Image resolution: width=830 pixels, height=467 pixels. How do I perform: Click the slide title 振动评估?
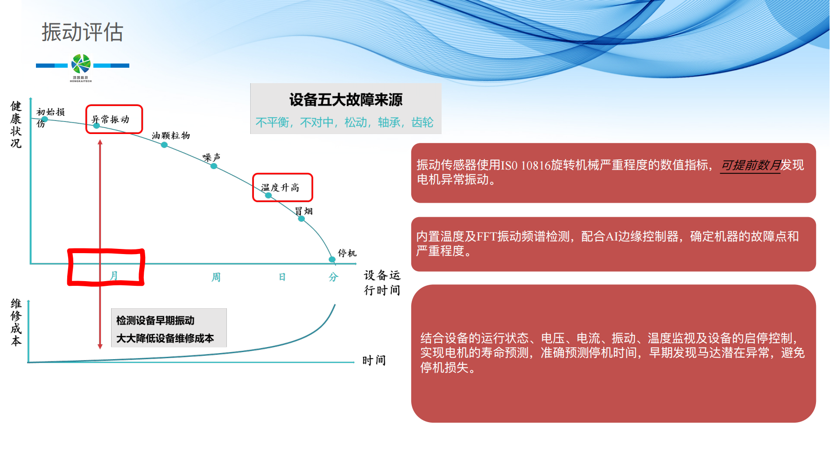pyautogui.click(x=82, y=32)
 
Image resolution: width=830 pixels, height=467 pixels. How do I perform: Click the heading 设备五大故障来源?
pyautogui.click(x=345, y=99)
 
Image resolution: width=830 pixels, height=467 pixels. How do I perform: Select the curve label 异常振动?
pyautogui.click(x=110, y=119)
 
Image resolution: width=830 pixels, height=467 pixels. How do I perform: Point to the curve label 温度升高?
pyautogui.click(x=280, y=187)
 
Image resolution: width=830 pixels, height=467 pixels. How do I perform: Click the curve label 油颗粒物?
pyautogui.click(x=171, y=135)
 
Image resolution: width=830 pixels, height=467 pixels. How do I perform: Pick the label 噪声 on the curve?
pyautogui.click(x=211, y=157)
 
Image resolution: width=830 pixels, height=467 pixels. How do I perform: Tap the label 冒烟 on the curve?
pyautogui.click(x=304, y=211)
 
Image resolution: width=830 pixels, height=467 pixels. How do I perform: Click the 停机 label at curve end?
pyautogui.click(x=347, y=253)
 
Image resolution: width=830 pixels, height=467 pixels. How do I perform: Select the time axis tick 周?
pyautogui.click(x=216, y=277)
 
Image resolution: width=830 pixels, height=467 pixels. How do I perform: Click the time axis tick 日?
pyautogui.click(x=282, y=277)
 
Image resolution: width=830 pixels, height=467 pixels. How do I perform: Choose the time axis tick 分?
pyautogui.click(x=333, y=277)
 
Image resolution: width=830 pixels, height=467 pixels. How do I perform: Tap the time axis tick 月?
pyautogui.click(x=113, y=276)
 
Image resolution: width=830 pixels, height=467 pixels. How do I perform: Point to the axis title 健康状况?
pyautogui.click(x=16, y=125)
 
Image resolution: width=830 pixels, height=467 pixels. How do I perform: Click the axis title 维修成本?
pyautogui.click(x=16, y=322)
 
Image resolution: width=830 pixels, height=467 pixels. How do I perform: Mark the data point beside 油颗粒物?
pyautogui.click(x=164, y=145)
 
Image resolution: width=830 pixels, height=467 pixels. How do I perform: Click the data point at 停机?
pyautogui.click(x=332, y=259)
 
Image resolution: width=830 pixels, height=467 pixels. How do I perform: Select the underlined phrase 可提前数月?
pyautogui.click(x=751, y=165)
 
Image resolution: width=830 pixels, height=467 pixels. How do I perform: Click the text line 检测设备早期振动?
pyautogui.click(x=155, y=320)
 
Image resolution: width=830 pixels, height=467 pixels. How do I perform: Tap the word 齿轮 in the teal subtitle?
pyautogui.click(x=422, y=122)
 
